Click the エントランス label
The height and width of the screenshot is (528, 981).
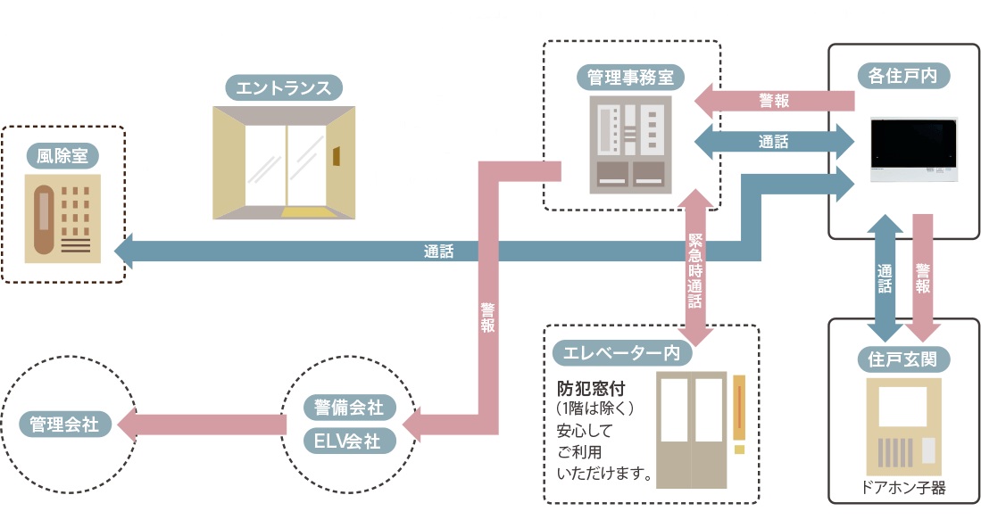(284, 87)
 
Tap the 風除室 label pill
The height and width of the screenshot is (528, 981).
(62, 157)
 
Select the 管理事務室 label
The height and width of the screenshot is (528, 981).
(629, 77)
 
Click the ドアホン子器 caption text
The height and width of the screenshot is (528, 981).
(903, 488)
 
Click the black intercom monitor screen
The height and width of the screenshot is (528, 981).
(914, 142)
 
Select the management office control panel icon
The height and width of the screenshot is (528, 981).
(629, 144)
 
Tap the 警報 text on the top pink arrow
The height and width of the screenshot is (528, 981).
(774, 100)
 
